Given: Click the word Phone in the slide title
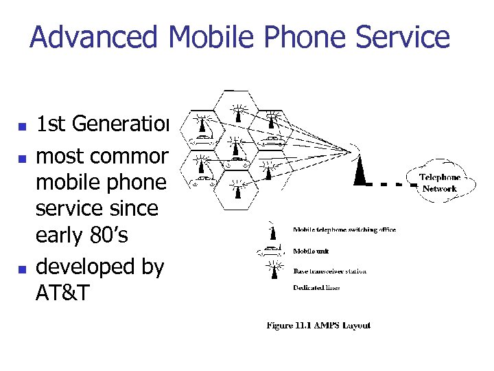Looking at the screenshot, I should [303, 37].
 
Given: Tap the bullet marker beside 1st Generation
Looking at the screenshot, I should [23, 126].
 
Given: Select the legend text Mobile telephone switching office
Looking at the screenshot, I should [344, 229].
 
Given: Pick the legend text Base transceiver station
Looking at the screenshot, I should [329, 271].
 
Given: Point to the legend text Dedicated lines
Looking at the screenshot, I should [316, 288].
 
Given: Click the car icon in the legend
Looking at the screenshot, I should [273, 248].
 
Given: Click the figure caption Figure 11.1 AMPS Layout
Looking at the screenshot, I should [318, 325].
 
